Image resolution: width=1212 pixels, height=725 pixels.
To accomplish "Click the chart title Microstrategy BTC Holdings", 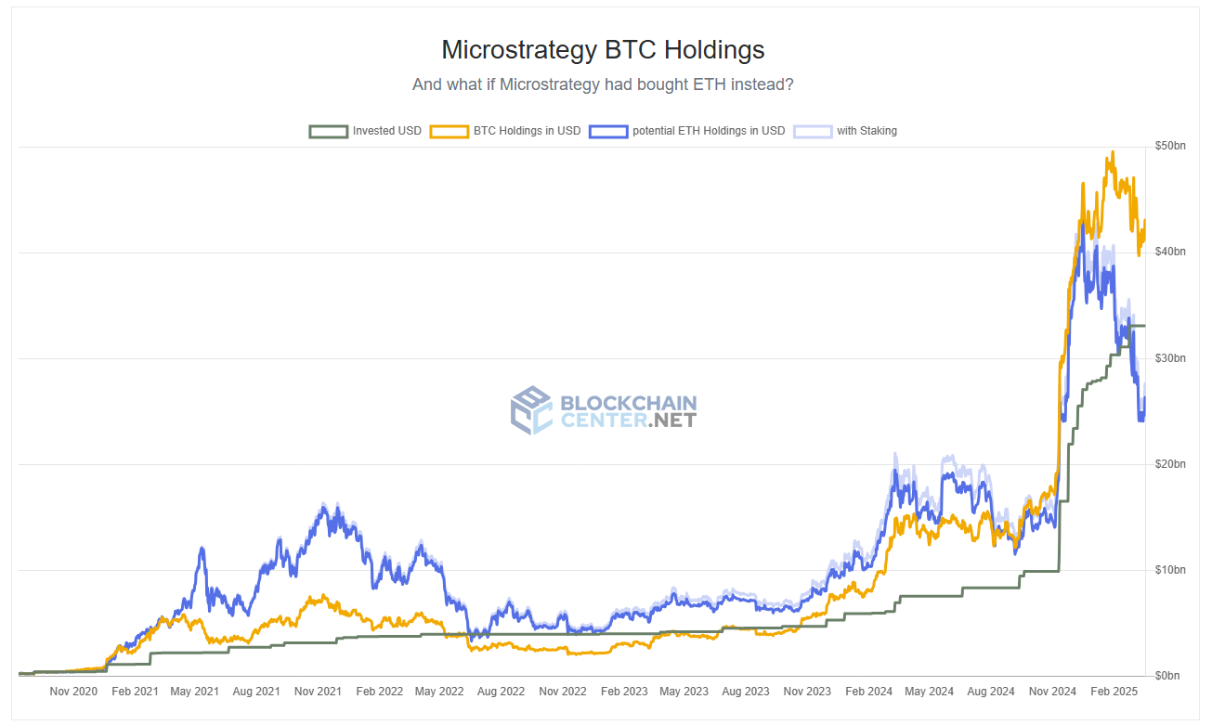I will tap(603, 49).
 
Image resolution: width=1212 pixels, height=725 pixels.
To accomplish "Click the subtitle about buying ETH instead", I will tap(603, 84).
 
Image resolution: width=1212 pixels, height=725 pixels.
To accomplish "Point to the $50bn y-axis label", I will tap(1169, 147).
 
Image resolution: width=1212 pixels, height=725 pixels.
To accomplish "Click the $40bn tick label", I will tap(1169, 252).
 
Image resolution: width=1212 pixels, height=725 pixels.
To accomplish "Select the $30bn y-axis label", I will tap(1169, 358).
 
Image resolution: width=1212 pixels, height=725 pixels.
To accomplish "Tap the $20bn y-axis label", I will tap(1169, 464).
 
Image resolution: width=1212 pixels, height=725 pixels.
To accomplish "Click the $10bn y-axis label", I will tap(1169, 569).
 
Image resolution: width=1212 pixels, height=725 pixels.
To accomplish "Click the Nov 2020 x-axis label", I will tap(73, 692).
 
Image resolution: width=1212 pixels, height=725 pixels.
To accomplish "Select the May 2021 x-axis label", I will tap(195, 692).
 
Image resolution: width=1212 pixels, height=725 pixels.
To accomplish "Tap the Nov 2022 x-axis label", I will tap(563, 692).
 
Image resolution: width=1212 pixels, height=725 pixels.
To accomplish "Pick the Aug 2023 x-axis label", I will tap(746, 692).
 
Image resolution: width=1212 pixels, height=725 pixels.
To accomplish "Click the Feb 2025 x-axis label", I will tap(1113, 692).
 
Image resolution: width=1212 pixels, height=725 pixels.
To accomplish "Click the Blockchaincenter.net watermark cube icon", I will tap(531, 410).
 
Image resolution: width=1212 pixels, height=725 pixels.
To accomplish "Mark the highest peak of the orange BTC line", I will tap(1113, 153).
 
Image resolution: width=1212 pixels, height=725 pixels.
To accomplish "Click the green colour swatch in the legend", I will tap(328, 131).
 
